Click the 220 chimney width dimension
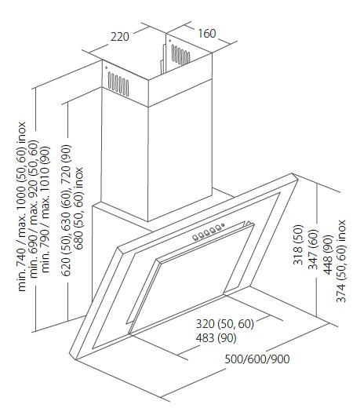(x=120, y=37)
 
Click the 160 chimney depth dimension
(x=206, y=34)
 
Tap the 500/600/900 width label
(x=257, y=359)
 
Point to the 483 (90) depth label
(x=216, y=338)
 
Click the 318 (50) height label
(x=298, y=245)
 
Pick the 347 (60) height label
(x=313, y=250)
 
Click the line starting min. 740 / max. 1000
(x=22, y=206)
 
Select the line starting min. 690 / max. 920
(x=34, y=209)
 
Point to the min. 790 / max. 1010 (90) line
(x=45, y=209)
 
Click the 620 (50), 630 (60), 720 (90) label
(x=66, y=210)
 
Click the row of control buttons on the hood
(x=206, y=233)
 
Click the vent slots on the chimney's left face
(x=118, y=84)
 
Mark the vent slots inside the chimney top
(x=180, y=55)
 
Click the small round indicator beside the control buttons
(x=223, y=225)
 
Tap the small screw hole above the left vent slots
(x=106, y=68)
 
